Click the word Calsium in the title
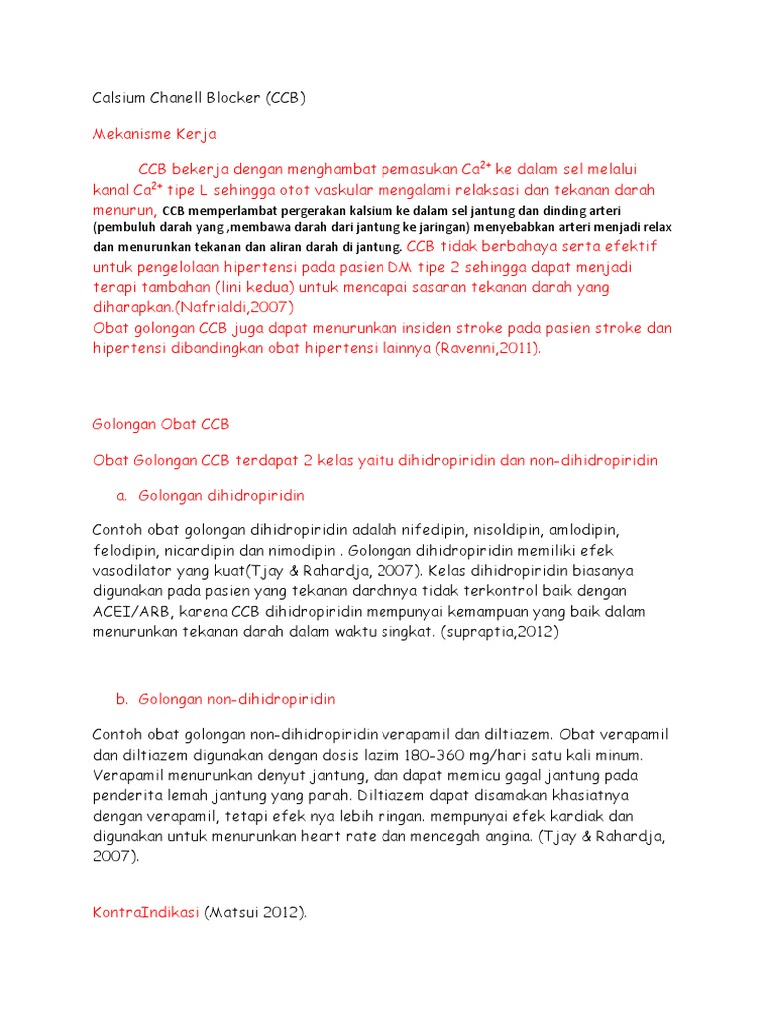(x=118, y=98)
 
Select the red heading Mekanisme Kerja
(x=154, y=134)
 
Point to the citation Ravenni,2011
(x=488, y=347)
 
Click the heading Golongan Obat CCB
(x=161, y=423)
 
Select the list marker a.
(x=121, y=495)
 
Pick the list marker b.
(x=121, y=698)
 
